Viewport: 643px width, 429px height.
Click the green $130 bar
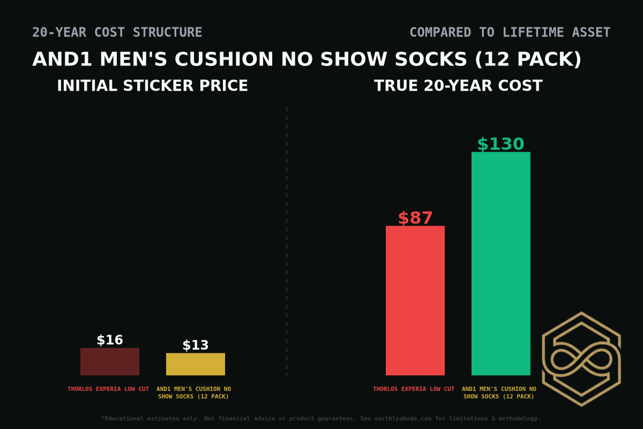pyautogui.click(x=500, y=263)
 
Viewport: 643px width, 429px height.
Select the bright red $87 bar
pyautogui.click(x=415, y=300)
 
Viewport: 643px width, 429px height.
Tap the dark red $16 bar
pyautogui.click(x=109, y=361)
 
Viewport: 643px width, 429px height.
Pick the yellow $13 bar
pyautogui.click(x=195, y=364)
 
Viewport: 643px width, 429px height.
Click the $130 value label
pyautogui.click(x=500, y=144)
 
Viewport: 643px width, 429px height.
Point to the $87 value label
pyautogui.click(x=415, y=218)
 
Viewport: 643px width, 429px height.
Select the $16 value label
pyautogui.click(x=109, y=340)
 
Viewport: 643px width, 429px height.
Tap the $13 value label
pyautogui.click(x=195, y=345)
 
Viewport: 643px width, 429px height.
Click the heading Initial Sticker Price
pyautogui.click(x=152, y=86)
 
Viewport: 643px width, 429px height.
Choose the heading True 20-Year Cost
pyautogui.click(x=458, y=86)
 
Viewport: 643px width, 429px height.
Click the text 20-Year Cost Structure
pyautogui.click(x=117, y=33)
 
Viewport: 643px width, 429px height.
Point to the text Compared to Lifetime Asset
pyautogui.click(x=510, y=33)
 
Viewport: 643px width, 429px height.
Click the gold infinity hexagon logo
pyautogui.click(x=581, y=359)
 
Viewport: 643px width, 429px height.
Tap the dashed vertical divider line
pyautogui.click(x=287, y=241)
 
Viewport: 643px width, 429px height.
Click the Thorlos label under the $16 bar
pyautogui.click(x=108, y=389)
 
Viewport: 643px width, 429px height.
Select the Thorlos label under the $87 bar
pyautogui.click(x=414, y=389)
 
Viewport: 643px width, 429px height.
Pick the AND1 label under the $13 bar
pyautogui.click(x=193, y=393)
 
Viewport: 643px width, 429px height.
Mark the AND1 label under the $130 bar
pyautogui.click(x=499, y=393)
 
